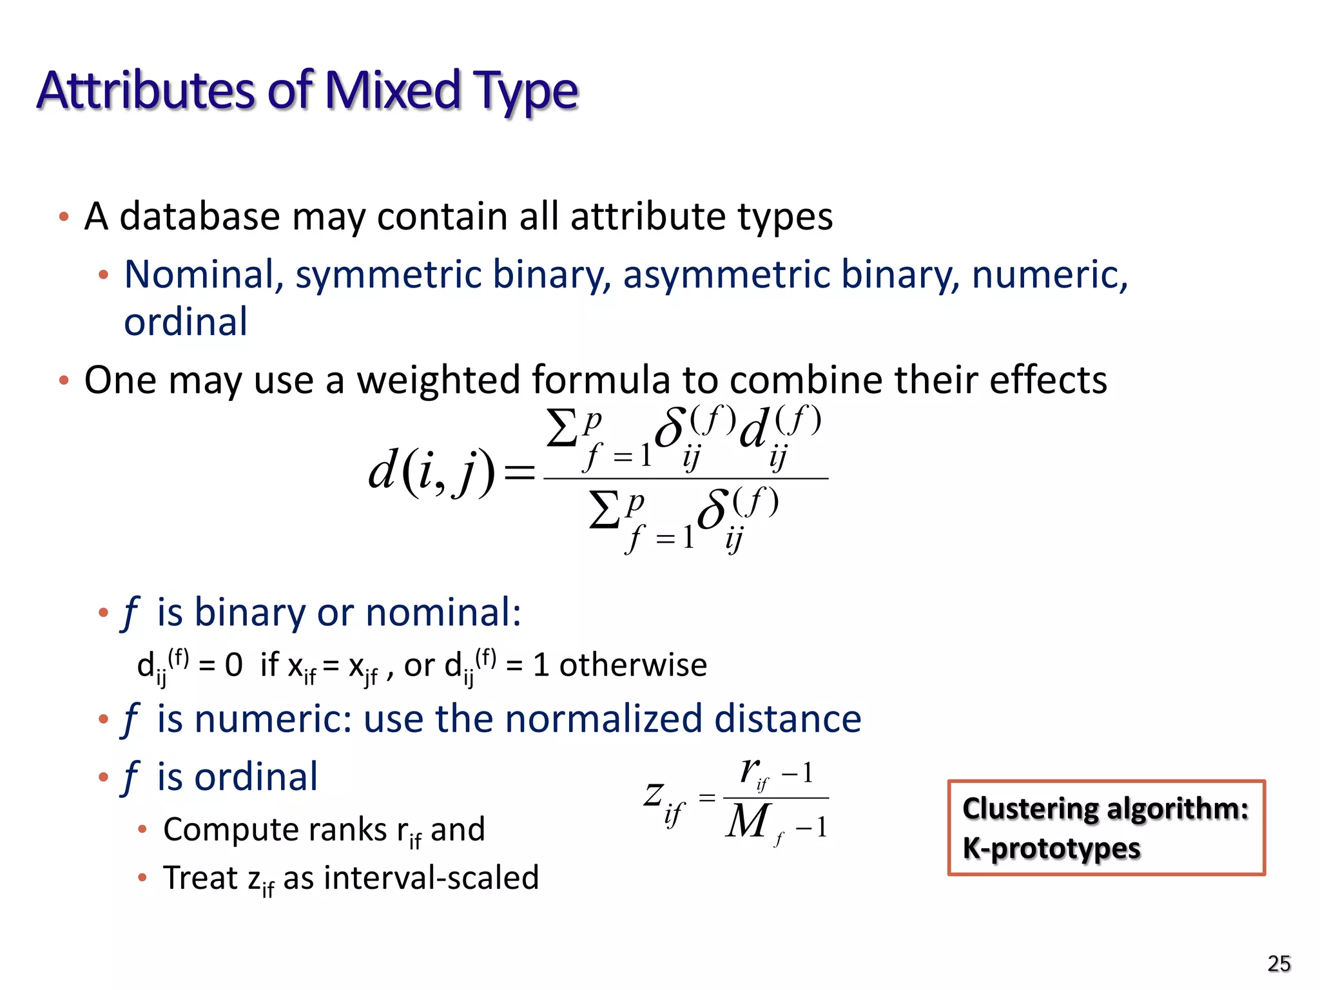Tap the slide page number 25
1279,964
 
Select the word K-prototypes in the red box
1051,849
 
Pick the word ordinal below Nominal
186,322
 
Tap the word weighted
440,380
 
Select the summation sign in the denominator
605,510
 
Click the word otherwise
633,665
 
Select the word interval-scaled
431,878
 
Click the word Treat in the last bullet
200,878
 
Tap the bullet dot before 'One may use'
63,380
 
